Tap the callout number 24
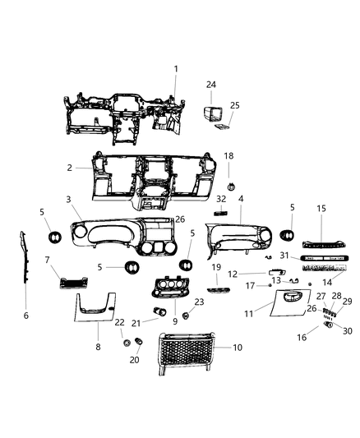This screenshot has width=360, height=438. (x=211, y=85)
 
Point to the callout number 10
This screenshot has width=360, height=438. (x=238, y=348)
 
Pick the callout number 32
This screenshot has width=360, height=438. (x=219, y=199)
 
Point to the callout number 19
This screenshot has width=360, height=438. (x=216, y=267)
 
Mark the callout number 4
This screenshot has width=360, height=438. (x=241, y=199)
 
